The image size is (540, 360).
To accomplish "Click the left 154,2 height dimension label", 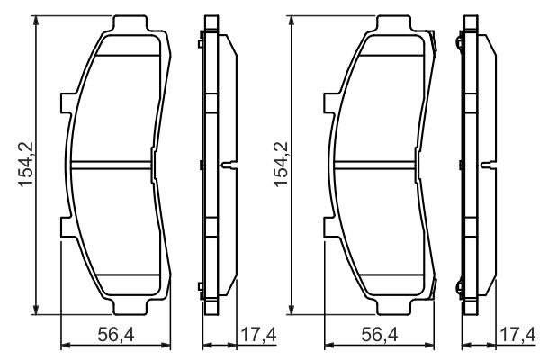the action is click(x=26, y=165).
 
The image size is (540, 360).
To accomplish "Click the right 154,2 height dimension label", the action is click(x=281, y=165).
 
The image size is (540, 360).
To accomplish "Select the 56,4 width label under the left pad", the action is click(x=116, y=335).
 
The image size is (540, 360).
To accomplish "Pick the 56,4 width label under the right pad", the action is click(x=380, y=335).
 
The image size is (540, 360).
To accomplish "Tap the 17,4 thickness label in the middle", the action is click(x=258, y=335).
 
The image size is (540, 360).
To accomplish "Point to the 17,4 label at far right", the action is click(x=518, y=335).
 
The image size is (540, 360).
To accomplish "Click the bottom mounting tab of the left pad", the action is click(x=130, y=306).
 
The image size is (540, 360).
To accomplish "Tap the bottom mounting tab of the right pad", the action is click(x=394, y=306).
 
